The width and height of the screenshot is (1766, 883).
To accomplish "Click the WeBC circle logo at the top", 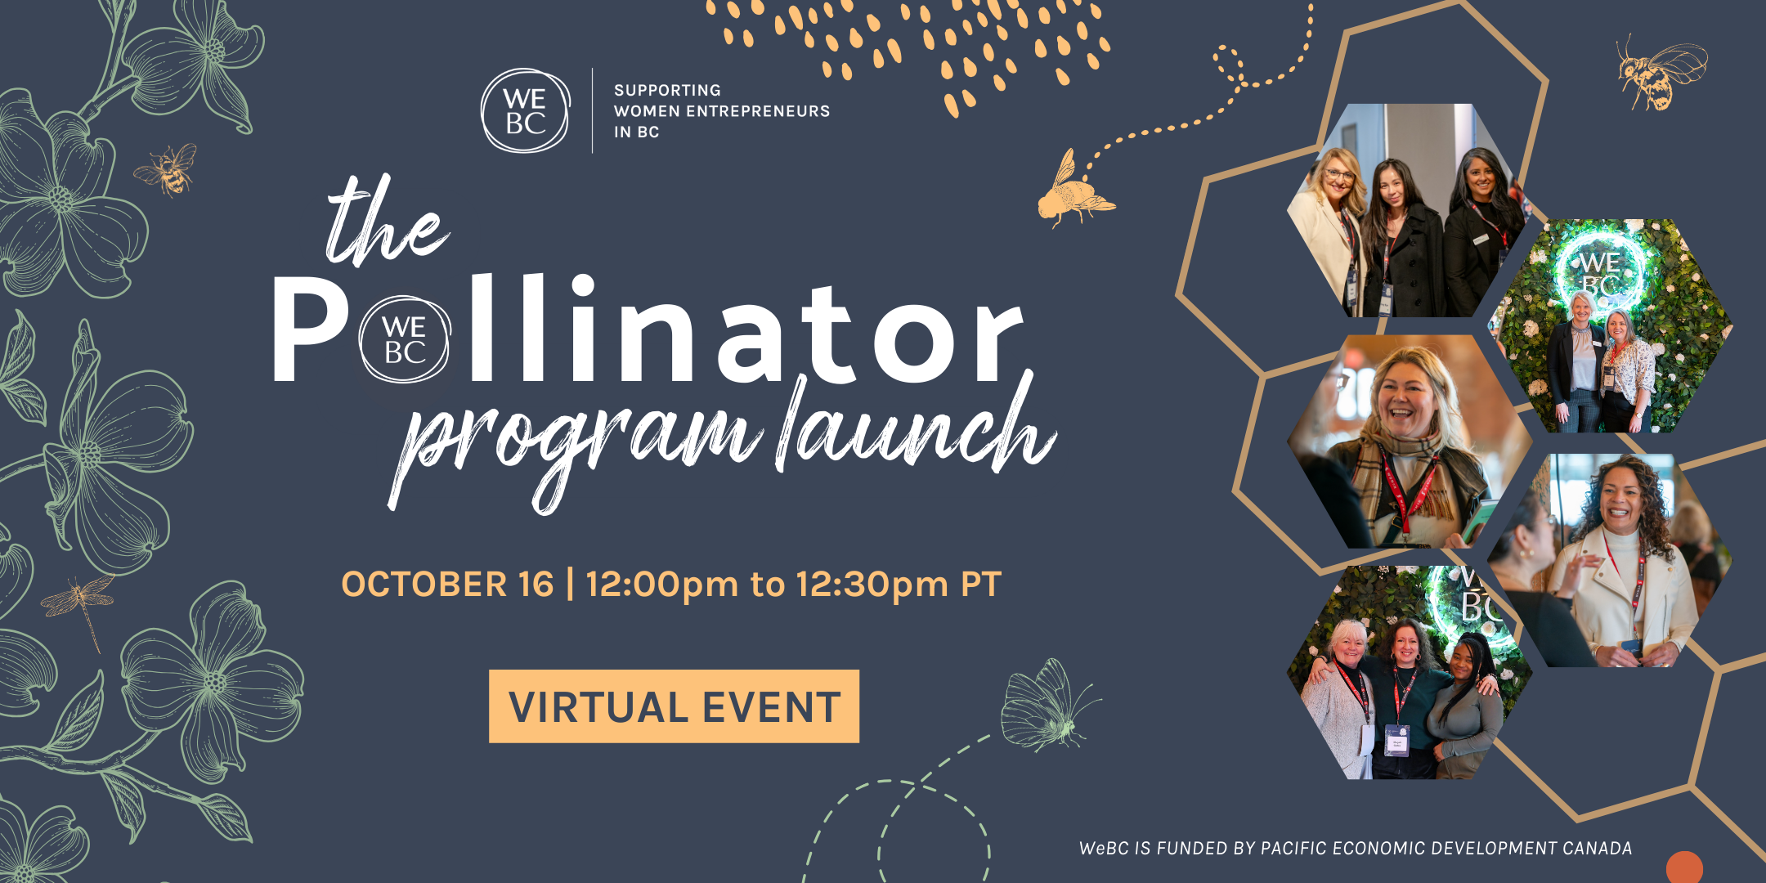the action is pos(525,110).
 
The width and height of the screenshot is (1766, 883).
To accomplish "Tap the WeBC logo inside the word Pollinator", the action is pos(405,339).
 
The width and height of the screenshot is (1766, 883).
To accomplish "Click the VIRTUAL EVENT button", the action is pos(674,706).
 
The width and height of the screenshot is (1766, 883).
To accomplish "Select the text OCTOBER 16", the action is pos(447,585).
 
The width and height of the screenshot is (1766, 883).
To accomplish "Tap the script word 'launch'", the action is pos(917,425).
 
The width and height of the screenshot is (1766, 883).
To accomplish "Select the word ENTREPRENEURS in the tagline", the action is pos(758,111).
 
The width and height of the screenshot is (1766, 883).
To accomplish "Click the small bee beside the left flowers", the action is pos(168,169).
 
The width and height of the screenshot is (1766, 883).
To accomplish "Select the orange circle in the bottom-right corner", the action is pos(1684,867).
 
